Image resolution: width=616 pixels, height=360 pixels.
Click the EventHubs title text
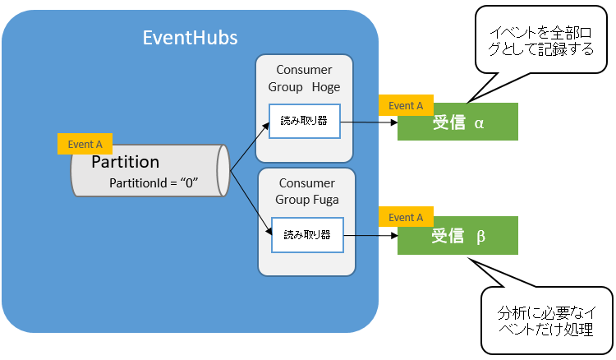click(190, 38)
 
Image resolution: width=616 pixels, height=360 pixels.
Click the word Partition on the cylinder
click(125, 161)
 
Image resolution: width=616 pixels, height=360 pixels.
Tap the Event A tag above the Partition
click(85, 144)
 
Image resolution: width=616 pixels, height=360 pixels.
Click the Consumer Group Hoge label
click(304, 79)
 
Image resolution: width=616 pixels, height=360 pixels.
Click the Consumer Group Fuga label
click(306, 191)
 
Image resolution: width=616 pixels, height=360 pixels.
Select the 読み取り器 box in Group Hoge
click(304, 122)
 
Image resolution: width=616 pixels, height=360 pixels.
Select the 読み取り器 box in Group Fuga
click(306, 234)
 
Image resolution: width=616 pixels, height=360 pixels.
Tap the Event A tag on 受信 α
click(406, 105)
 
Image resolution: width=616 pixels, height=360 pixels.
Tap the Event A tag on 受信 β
click(406, 217)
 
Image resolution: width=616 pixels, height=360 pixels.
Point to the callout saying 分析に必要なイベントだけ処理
click(545, 321)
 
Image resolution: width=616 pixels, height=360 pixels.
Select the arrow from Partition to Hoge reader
click(251, 148)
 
